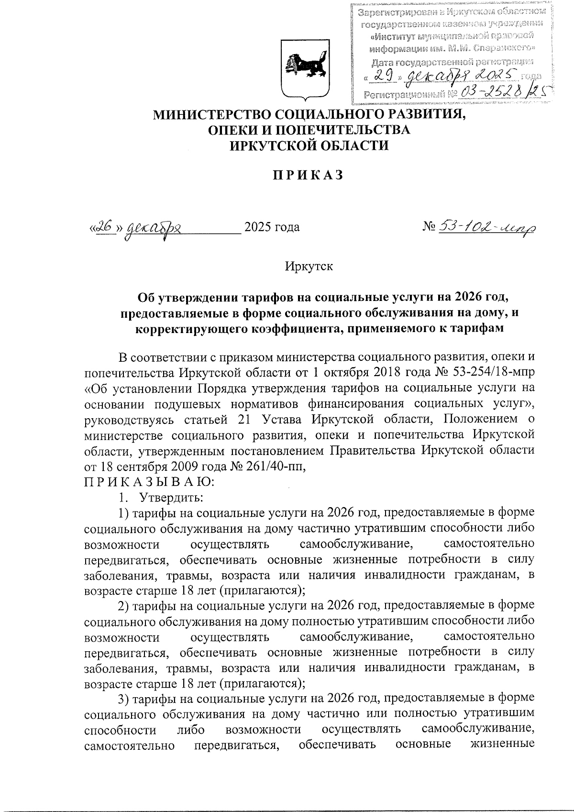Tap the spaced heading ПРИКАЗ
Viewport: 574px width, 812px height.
(x=308, y=176)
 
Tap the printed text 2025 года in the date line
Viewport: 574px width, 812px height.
(x=272, y=227)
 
